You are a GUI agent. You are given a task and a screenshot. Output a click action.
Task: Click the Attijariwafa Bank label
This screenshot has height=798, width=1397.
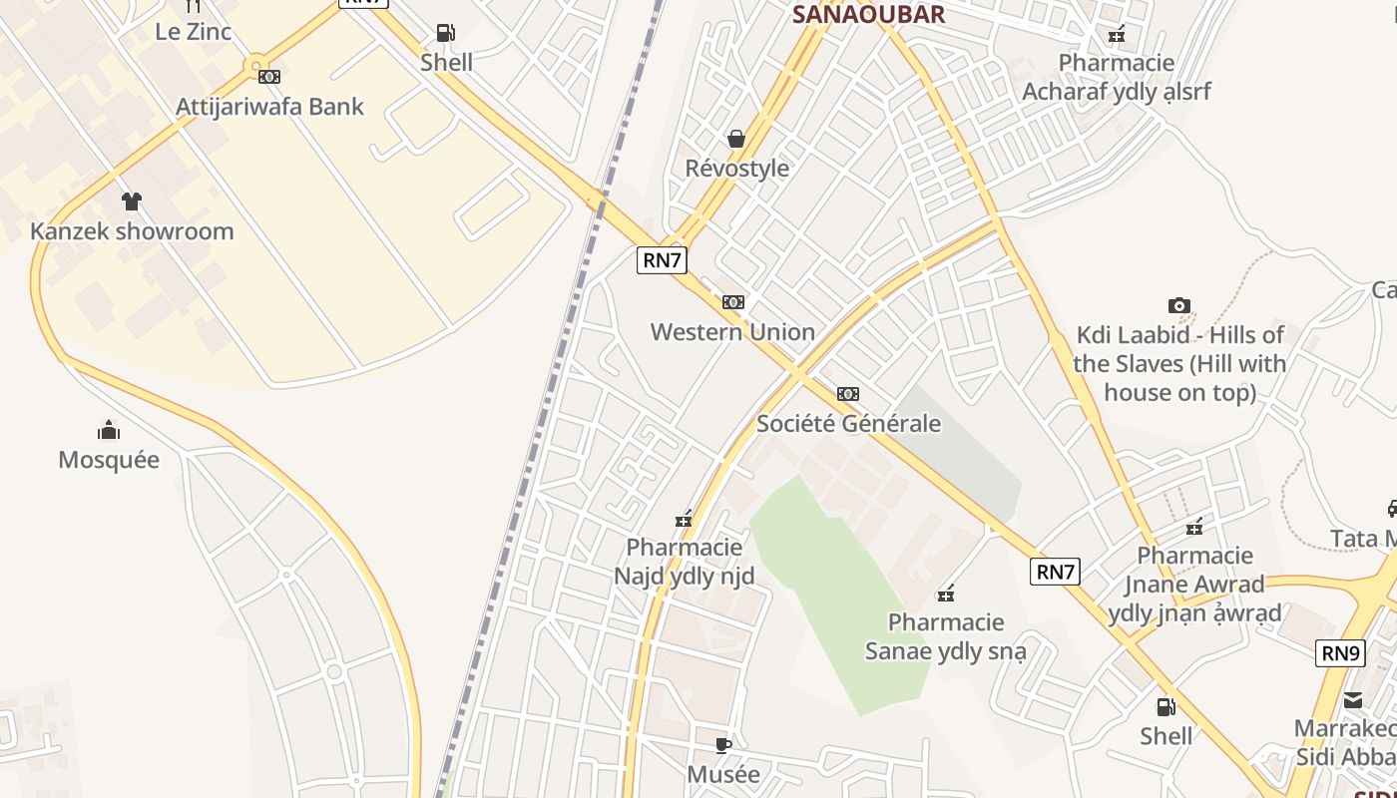[x=269, y=107]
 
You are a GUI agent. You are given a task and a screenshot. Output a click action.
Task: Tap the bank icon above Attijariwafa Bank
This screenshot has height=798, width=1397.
[x=268, y=77]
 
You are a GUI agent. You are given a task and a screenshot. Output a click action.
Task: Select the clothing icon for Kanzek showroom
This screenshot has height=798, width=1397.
[x=131, y=201]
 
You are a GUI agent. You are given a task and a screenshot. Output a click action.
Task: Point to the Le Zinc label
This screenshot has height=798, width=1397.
[x=193, y=31]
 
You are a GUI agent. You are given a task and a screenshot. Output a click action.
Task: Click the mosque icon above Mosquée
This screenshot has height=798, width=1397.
[x=109, y=430]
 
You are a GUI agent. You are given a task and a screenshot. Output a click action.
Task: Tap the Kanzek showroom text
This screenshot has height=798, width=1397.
[x=132, y=231]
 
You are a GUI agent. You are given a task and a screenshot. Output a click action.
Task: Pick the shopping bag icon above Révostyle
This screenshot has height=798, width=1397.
[x=736, y=139]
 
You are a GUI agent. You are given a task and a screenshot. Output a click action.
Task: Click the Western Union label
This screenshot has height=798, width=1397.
[x=732, y=332]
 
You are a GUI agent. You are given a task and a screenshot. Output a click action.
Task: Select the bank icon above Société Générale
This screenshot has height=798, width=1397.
[x=848, y=394]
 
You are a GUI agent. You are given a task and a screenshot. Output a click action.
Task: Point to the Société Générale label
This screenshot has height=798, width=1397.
[x=848, y=424]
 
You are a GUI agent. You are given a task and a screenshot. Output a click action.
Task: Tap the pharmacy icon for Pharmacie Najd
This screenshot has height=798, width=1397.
[x=684, y=518]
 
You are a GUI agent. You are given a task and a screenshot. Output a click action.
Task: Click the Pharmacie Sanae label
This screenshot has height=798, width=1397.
[x=946, y=637]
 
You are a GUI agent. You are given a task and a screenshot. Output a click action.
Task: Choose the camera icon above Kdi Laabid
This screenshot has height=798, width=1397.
[x=1178, y=305]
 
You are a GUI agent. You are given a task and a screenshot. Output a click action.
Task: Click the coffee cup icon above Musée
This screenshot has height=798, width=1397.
[x=723, y=745]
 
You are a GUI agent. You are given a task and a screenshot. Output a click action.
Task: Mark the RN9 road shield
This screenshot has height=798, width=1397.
[x=1340, y=654]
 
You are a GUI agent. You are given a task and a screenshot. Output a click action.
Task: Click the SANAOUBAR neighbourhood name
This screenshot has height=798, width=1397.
[x=868, y=14]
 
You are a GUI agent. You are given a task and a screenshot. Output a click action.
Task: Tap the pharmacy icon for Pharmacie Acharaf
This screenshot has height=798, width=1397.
[x=1117, y=35]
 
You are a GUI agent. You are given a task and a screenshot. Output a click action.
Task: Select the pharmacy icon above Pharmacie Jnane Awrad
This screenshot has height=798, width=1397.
[x=1194, y=527]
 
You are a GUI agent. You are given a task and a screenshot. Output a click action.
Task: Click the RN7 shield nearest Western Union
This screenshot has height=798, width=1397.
[x=662, y=260]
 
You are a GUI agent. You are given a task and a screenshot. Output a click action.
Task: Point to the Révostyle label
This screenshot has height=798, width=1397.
[x=736, y=169]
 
